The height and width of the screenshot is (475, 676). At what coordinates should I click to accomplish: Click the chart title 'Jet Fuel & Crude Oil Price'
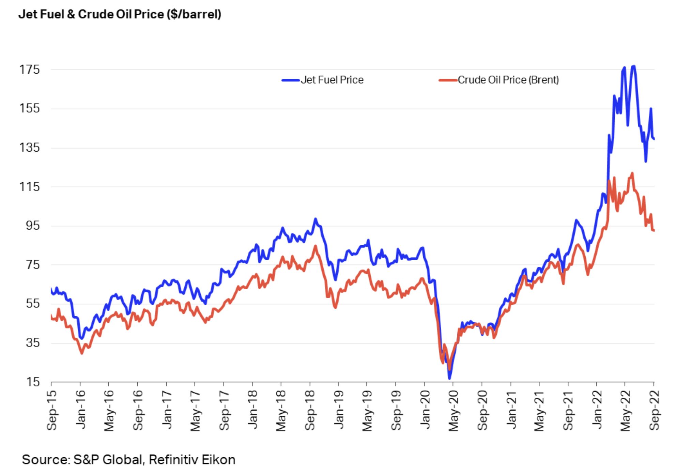pos(120,14)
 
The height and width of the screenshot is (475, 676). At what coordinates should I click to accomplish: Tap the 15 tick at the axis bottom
pos(32,382)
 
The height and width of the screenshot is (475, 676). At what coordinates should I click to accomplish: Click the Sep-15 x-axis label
pos(52,411)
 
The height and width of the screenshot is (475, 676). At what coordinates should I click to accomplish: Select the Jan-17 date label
pos(167,410)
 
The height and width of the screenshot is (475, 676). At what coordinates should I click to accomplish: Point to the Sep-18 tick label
pos(310,411)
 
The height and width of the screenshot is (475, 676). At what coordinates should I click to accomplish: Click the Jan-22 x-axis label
pos(597,410)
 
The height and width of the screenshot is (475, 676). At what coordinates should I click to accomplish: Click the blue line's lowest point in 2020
pos(449,378)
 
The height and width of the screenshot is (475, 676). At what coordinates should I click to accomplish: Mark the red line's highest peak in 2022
pos(632,173)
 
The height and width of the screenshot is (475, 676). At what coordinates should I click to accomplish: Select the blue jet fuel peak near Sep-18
pos(315,219)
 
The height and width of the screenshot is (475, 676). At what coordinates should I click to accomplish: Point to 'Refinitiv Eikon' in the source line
pos(192,460)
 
